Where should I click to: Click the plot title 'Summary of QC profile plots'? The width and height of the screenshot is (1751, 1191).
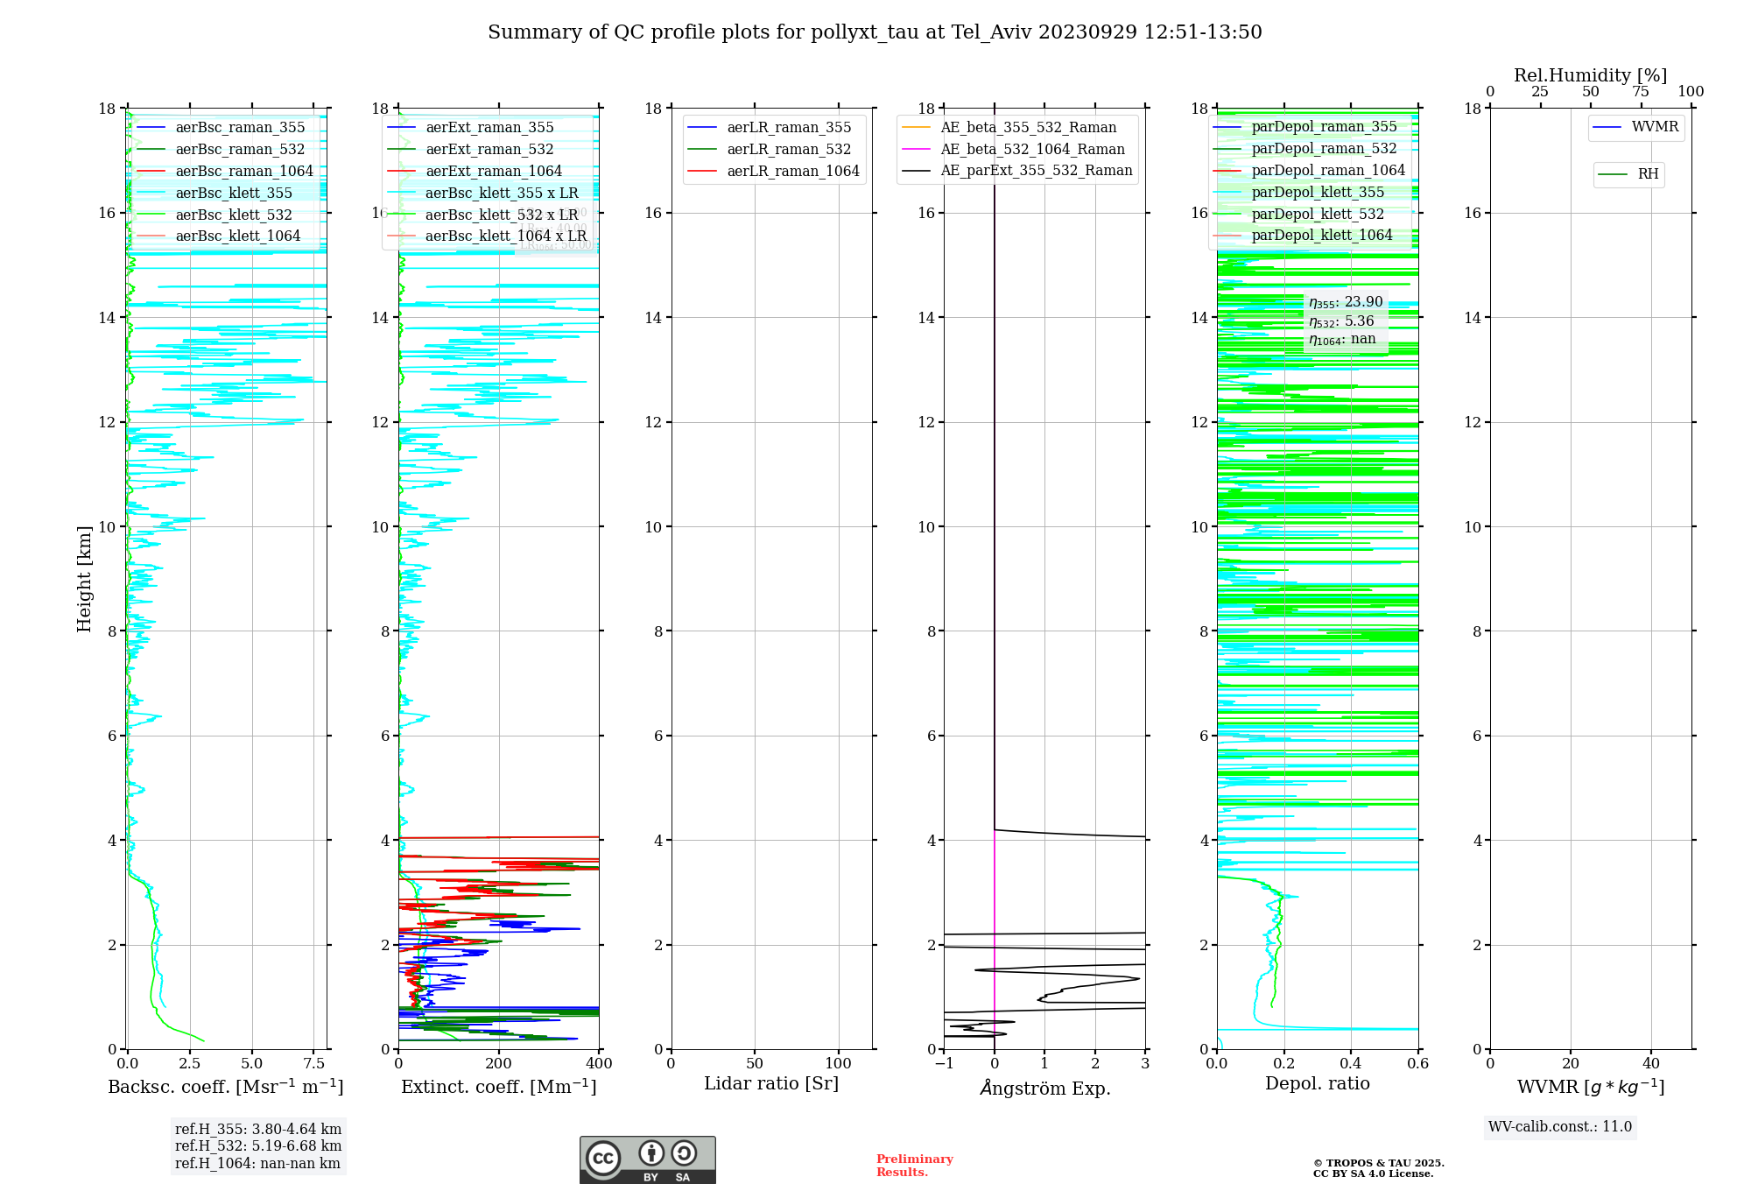(874, 32)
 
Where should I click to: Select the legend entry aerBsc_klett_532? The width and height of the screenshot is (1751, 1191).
(233, 215)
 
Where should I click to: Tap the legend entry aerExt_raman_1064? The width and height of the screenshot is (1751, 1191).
(493, 171)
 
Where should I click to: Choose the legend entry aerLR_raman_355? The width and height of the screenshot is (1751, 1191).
(788, 128)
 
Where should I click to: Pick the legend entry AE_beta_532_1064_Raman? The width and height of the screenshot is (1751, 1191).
(1032, 149)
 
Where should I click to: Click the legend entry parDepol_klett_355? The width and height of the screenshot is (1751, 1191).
(1318, 192)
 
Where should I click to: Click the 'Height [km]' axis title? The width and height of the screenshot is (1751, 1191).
(84, 579)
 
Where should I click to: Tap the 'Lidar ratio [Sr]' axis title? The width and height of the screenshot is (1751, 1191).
(771, 1084)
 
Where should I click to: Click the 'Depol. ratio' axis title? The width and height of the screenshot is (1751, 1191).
(1317, 1084)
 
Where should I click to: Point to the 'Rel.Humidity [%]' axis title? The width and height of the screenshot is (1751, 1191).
(1590, 75)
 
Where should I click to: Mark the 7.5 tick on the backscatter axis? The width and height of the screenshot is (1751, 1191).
(314, 1064)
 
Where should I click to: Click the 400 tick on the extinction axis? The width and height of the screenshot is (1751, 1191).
(599, 1064)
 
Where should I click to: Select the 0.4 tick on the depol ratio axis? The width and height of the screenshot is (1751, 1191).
(1351, 1064)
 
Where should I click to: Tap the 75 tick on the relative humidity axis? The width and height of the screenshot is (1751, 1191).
(1641, 92)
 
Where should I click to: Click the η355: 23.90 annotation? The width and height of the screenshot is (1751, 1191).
(1346, 302)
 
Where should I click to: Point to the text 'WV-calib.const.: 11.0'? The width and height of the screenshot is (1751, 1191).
(1560, 1127)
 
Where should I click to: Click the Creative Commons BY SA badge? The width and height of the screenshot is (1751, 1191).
(647, 1159)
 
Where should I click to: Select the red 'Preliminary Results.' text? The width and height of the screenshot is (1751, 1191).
(914, 1166)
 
